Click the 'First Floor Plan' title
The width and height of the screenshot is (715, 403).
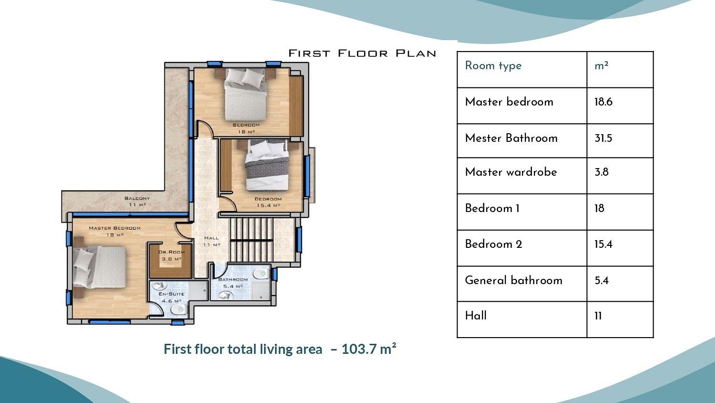tap(362, 53)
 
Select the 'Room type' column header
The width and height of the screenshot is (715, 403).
tap(493, 66)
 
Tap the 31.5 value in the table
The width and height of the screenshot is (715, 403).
tap(603, 138)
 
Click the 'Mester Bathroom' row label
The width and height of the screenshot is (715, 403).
tap(511, 138)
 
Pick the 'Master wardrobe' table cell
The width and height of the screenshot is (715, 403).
tap(511, 172)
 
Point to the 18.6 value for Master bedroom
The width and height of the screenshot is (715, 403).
tap(603, 102)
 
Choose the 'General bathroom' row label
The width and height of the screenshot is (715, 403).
tap(513, 280)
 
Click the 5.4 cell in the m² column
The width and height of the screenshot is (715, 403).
tap(601, 281)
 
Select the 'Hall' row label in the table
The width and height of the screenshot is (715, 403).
tap(476, 316)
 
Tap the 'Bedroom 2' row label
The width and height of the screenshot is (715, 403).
tap(493, 244)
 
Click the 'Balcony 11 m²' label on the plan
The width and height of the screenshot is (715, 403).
tap(137, 201)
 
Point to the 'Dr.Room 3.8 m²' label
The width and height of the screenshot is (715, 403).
tap(171, 255)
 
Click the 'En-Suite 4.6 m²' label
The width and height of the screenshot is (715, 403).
tap(171, 297)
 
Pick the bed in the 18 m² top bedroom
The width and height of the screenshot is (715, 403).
tap(245, 94)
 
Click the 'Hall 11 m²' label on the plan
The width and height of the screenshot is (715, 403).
tap(212, 241)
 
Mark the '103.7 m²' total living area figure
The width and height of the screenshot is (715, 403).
tap(369, 349)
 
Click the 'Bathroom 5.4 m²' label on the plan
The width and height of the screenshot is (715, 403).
tap(233, 283)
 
